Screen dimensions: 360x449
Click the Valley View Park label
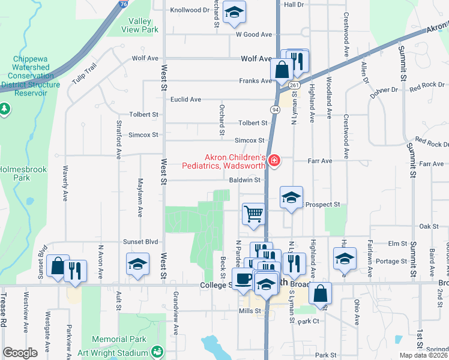[x=139, y=25]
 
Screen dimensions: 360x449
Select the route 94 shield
[x=274, y=109]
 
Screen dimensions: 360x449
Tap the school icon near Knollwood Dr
[x=234, y=12]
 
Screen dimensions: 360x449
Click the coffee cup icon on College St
[x=243, y=279]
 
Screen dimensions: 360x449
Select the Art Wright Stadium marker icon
[x=157, y=351]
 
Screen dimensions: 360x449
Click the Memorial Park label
[x=120, y=339]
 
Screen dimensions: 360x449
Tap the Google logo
[x=20, y=353]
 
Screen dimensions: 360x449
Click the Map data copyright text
[x=423, y=355]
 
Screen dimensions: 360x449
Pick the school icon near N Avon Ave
[x=137, y=263]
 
